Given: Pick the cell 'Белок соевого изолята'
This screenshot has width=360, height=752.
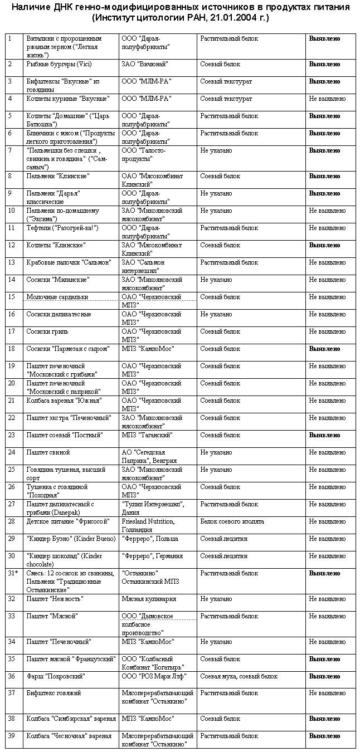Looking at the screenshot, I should coord(232,521).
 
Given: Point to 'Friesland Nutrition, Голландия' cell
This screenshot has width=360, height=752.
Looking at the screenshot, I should coord(148,525).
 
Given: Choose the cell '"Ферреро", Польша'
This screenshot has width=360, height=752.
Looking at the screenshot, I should coord(149,539).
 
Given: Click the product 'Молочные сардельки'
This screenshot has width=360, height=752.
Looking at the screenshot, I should coord(57,297).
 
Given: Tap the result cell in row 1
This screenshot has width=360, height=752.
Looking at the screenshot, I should coord(325,39).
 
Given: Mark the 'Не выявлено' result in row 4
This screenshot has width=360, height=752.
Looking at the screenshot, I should coord(328,99).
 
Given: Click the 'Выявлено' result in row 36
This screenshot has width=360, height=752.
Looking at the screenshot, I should coord(325,676).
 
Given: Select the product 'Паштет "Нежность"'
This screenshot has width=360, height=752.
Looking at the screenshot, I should coord(55,599).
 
